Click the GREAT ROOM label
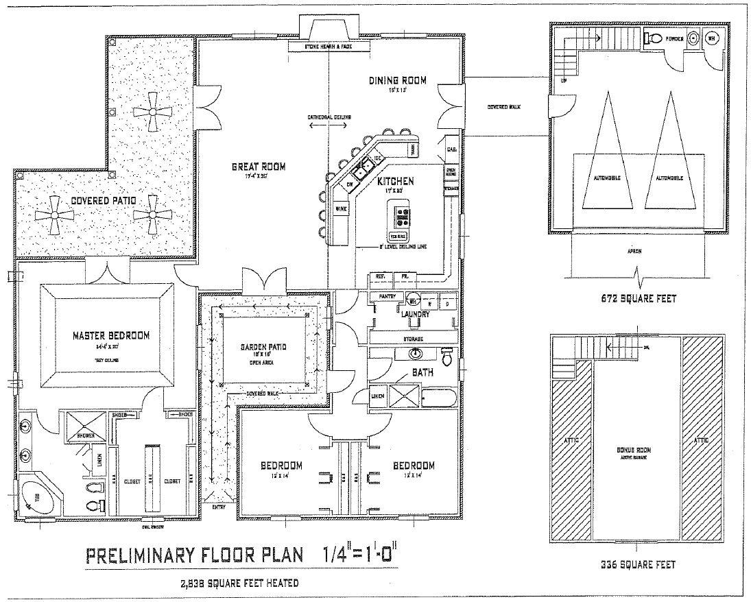(258, 167)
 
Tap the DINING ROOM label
(398, 81)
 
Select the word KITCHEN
(395, 181)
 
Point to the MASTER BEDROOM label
(111, 335)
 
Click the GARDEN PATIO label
(264, 347)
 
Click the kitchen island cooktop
(402, 217)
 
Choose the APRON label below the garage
(634, 251)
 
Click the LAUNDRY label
(416, 314)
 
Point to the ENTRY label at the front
(219, 507)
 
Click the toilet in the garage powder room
(653, 38)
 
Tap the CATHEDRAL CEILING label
(329, 117)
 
